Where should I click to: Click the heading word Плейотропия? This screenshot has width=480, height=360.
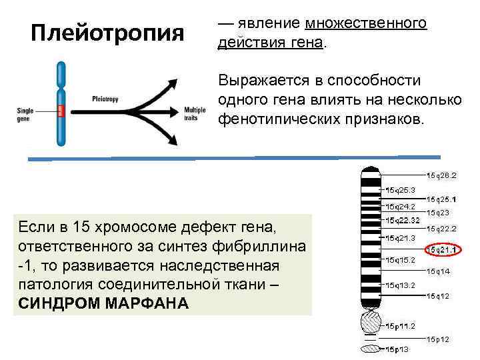click(x=107, y=33)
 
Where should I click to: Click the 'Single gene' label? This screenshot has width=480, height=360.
click(x=25, y=111)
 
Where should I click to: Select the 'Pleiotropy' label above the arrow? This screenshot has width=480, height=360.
click(x=105, y=99)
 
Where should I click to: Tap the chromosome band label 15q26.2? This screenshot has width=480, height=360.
click(x=442, y=176)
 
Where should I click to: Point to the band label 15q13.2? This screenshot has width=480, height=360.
click(x=400, y=285)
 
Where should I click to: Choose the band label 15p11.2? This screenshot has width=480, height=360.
click(x=400, y=326)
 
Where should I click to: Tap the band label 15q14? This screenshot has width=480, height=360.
click(x=439, y=271)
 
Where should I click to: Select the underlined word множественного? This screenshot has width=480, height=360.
click(x=366, y=24)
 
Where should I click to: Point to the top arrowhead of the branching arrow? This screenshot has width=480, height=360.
click(x=174, y=83)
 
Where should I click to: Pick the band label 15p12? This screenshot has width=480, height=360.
click(x=439, y=339)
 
